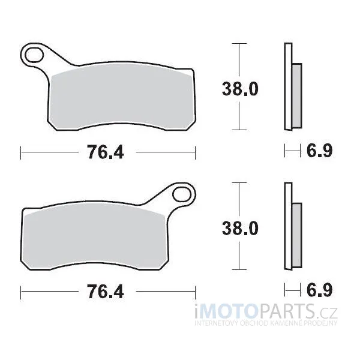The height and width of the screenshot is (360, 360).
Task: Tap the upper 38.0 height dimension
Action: pyautogui.click(x=240, y=89)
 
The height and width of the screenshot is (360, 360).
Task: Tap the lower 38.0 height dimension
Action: pyautogui.click(x=240, y=228)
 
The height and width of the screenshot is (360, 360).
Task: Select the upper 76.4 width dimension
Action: pyautogui.click(x=106, y=152)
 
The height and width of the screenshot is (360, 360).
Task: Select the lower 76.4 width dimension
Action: pyautogui.click(x=106, y=292)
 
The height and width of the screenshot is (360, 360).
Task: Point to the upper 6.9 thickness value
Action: pyautogui.click(x=319, y=151)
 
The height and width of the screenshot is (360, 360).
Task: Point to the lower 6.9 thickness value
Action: pyautogui.click(x=319, y=290)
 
